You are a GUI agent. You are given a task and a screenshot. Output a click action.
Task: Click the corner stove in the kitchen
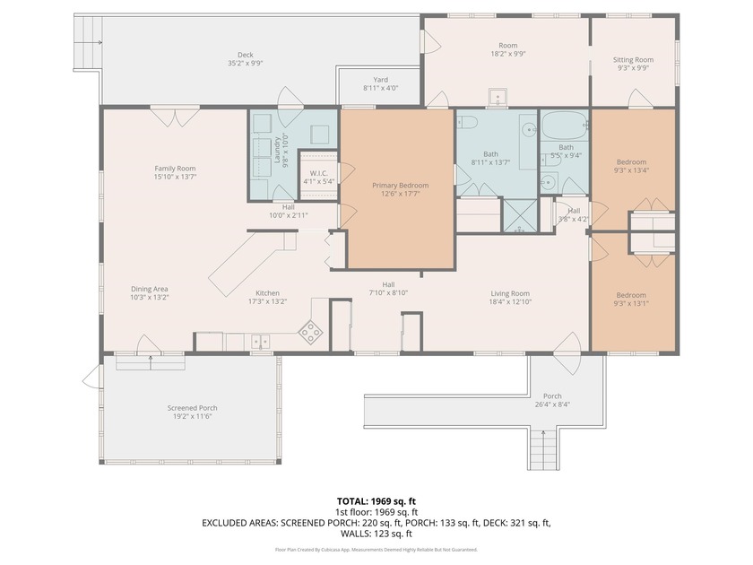310,333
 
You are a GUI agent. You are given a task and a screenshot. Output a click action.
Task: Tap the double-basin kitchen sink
259,341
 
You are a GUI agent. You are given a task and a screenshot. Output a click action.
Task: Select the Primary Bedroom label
400,186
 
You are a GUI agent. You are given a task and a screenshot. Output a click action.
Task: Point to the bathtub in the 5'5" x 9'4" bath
566,124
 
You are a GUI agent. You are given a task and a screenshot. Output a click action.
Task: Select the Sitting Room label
633,60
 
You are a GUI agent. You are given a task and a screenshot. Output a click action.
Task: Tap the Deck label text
245,55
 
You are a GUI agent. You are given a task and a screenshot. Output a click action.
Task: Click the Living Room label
509,293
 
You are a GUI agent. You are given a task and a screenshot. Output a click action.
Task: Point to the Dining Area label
150,289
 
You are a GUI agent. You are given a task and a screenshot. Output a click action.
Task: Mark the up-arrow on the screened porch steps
150,361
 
